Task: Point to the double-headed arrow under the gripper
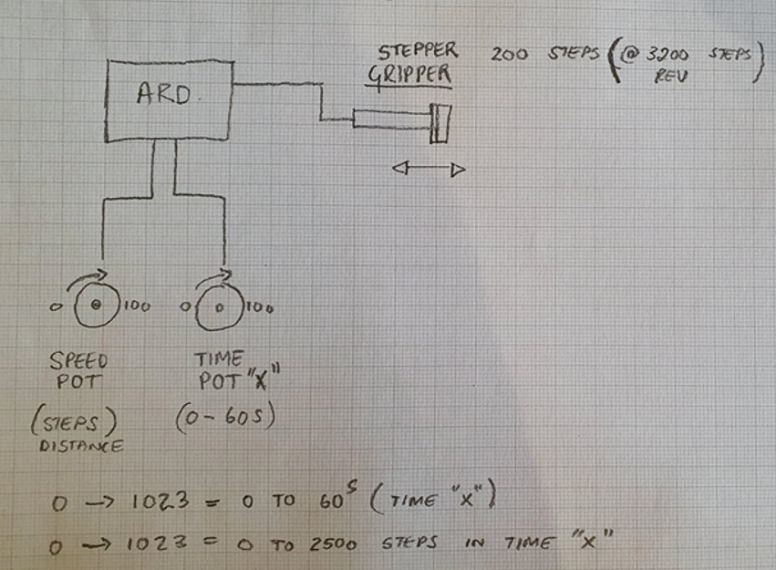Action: [429, 169]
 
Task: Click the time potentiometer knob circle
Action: [219, 308]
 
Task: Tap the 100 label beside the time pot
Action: [259, 308]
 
